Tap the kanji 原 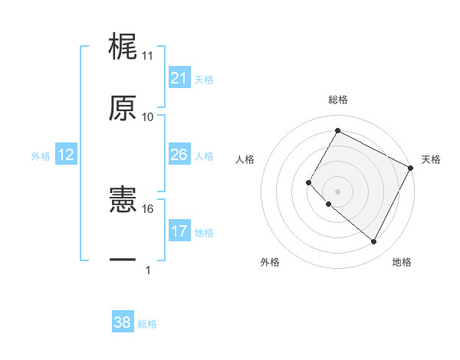pyautogui.click(x=123, y=108)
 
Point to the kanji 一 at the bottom pyautogui.click(x=123, y=260)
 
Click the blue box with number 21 pyautogui.click(x=179, y=77)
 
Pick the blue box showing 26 pyautogui.click(x=179, y=155)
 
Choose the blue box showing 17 pyautogui.click(x=179, y=231)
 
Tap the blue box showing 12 pyautogui.click(x=65, y=155)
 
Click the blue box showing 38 pyautogui.click(x=123, y=322)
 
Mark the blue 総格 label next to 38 pyautogui.click(x=147, y=323)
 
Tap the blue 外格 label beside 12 pyautogui.click(x=40, y=155)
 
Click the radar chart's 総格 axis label pyautogui.click(x=338, y=100)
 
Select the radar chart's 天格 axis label pyautogui.click(x=431, y=159)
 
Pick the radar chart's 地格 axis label pyautogui.click(x=402, y=262)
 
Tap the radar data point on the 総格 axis pyautogui.click(x=337, y=131)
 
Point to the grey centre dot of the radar pyautogui.click(x=337, y=191)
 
